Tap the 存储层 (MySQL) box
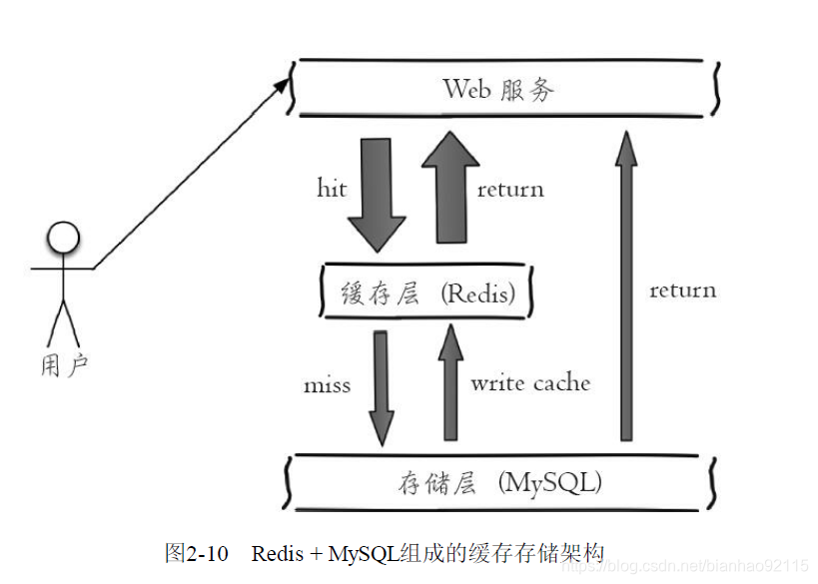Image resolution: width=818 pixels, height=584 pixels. click(x=499, y=484)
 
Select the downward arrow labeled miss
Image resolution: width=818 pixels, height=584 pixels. click(x=380, y=384)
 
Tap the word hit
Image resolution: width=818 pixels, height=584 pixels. click(x=332, y=189)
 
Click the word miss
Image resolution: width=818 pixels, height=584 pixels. click(x=327, y=384)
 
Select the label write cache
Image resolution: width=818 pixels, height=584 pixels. click(x=530, y=382)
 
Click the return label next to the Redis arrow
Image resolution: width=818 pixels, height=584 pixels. click(x=510, y=190)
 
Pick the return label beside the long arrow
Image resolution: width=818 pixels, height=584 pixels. click(x=682, y=291)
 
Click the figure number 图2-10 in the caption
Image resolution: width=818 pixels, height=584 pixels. click(x=197, y=552)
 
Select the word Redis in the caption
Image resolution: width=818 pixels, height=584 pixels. click(x=281, y=552)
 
